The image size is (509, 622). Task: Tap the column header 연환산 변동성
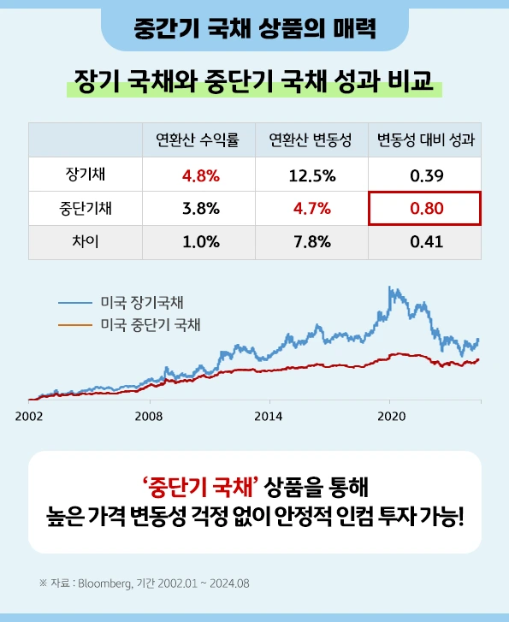(x=310, y=139)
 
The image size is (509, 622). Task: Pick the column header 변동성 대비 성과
(x=424, y=139)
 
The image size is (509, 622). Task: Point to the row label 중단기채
(x=86, y=208)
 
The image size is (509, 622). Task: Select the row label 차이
(x=86, y=241)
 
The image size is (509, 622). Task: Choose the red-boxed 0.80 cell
(x=425, y=208)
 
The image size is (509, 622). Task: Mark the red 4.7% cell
(x=311, y=208)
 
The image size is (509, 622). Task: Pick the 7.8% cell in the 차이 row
(x=311, y=241)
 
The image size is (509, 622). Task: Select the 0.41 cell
(x=425, y=241)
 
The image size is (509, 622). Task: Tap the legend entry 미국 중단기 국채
(x=150, y=324)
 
